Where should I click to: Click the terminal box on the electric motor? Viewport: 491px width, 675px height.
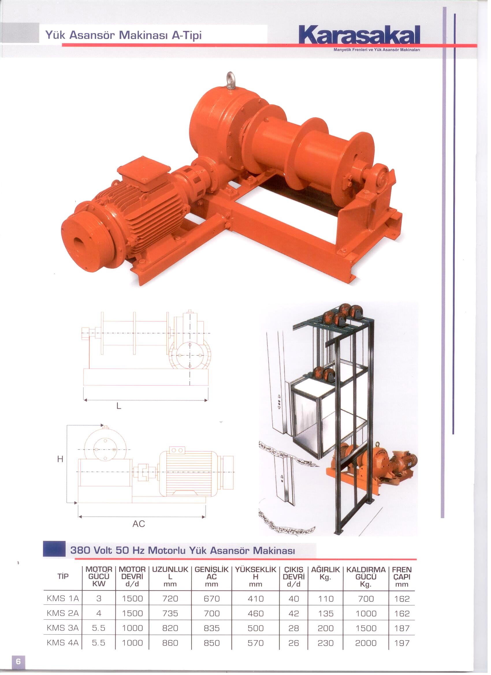tap(144, 174)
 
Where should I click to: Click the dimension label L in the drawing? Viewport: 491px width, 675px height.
tap(119, 406)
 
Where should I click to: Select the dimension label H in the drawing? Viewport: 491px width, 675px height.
tap(60, 459)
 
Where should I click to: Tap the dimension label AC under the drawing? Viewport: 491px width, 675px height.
tap(139, 523)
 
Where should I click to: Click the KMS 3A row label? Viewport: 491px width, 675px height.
tap(63, 628)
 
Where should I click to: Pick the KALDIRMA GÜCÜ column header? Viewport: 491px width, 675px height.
tap(366, 577)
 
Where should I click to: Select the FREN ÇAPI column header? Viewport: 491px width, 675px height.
tap(402, 577)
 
